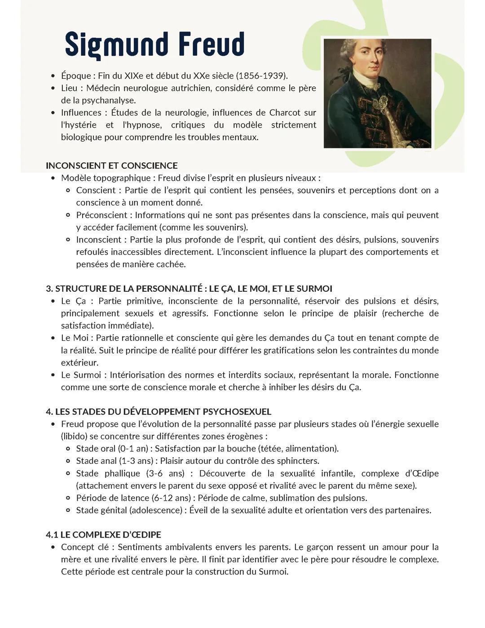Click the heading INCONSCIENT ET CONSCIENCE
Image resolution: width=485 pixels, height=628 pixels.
[x=112, y=165]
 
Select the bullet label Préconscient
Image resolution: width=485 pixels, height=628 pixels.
[x=102, y=215]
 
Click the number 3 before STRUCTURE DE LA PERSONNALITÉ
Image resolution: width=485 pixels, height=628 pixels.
[x=48, y=289]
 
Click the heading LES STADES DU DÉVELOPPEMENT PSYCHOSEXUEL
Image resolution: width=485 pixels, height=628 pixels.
[x=163, y=412]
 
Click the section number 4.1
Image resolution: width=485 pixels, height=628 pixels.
[x=52, y=535]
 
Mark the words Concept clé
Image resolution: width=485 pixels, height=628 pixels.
[x=84, y=547]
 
